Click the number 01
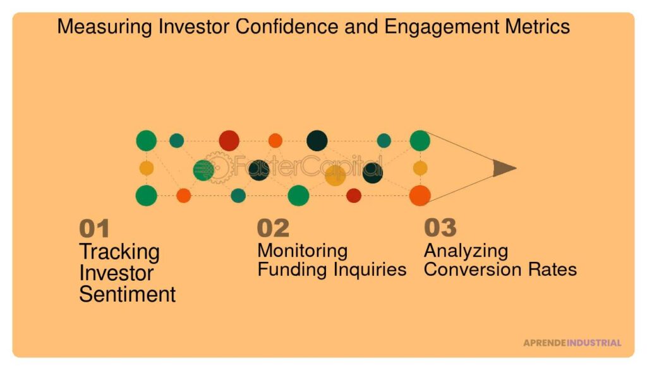coord(94,228)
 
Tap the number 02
coord(273,228)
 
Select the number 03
coord(440,228)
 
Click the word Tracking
coord(119,252)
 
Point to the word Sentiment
coord(127,295)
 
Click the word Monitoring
coord(303,251)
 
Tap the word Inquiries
coord(370,269)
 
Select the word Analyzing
coord(466,251)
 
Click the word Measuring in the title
coord(105,27)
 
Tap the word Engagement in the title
coord(441,27)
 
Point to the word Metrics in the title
coord(537,27)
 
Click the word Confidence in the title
coord(287,27)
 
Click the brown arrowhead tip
coord(516,168)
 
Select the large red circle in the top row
coord(229,140)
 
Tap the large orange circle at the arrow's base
coord(420,195)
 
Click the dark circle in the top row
coord(317,140)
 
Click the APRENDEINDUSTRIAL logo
coord(572,343)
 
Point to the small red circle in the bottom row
coord(354,195)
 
